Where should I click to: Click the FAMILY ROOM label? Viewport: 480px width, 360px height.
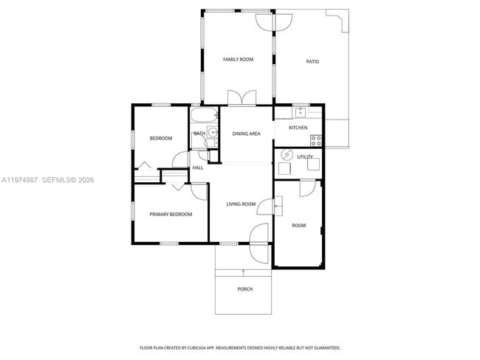pos(239,59)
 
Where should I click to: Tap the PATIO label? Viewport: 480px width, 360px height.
pos(312,61)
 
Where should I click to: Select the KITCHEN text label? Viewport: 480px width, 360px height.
pos(298,128)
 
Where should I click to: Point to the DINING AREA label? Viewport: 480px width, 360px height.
pos(246,134)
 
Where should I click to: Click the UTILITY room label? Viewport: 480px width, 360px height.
pos(305,156)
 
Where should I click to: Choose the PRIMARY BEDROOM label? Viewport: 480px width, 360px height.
pos(171,214)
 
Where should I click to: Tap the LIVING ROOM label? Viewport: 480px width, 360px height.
pos(241,204)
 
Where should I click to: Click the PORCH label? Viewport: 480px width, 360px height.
pos(244,289)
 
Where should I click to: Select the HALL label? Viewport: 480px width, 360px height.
pos(198,167)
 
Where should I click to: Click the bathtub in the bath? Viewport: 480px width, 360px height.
pos(204,114)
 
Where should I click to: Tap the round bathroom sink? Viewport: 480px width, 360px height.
pos(212,134)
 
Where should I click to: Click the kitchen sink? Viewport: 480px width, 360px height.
pos(301,113)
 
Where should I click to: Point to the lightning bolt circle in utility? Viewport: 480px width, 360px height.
pos(288,155)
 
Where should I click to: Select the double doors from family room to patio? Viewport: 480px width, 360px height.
pos(273,23)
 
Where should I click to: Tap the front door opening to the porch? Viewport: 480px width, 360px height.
pos(258,243)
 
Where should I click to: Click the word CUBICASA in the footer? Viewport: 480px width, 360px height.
pos(198,347)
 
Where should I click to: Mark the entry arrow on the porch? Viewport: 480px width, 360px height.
pos(244,272)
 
